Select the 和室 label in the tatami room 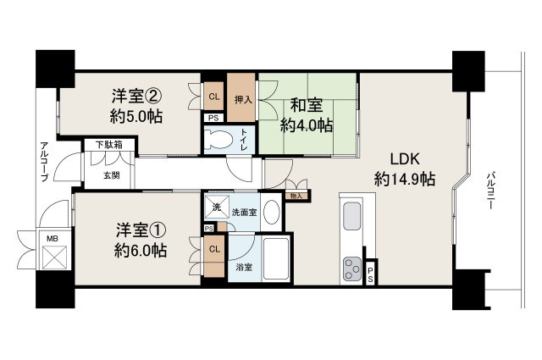pos(306,105)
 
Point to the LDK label pos(405,158)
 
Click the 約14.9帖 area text pos(405,179)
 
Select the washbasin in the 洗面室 pos(271,212)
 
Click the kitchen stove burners pos(351,270)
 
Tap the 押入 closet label pos(242,98)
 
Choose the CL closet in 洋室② pos(215,97)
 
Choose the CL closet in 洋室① pos(215,249)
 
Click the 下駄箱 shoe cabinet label pos(108,145)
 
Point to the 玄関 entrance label pos(111,175)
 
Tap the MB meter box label pos(52,240)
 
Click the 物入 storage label pos(296,197)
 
